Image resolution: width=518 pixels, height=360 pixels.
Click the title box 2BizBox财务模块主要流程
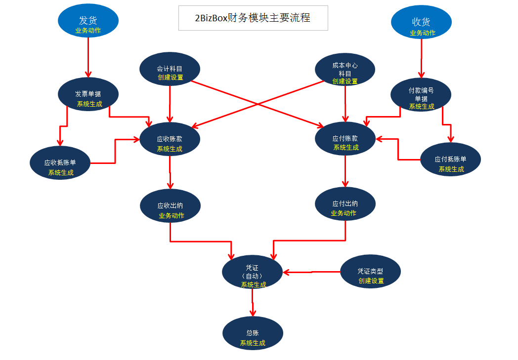[253, 18]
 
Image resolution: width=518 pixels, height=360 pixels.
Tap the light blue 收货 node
[421, 24]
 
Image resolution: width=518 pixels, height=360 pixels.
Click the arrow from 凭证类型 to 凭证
[311, 272]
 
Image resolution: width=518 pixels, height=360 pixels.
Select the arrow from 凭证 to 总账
[253, 302]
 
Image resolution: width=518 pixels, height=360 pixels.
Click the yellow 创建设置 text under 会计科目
[171, 78]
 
